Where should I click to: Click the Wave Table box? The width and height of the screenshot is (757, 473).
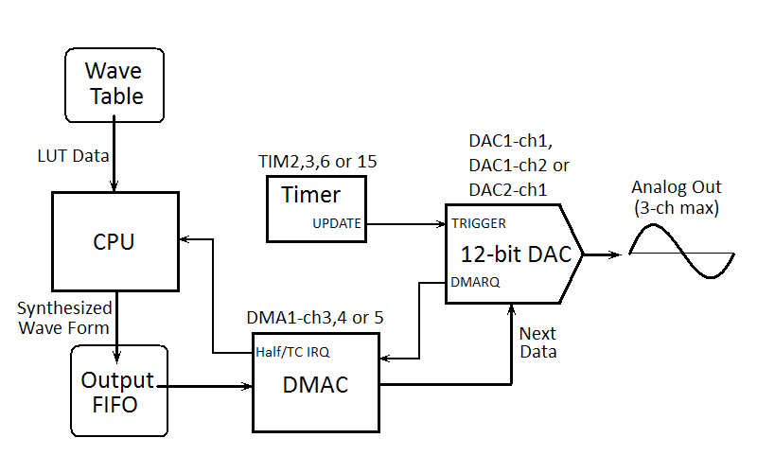(x=114, y=82)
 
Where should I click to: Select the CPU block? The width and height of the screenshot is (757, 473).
(x=114, y=241)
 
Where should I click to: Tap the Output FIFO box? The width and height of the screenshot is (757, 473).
(x=118, y=391)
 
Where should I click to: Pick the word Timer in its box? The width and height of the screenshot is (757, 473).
(x=311, y=195)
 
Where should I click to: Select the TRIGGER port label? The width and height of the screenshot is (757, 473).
(x=479, y=223)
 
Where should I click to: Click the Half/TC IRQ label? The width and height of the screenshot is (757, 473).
(x=292, y=351)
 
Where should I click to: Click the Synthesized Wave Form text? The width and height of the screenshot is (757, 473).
(x=64, y=317)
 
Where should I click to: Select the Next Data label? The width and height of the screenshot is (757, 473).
(x=538, y=342)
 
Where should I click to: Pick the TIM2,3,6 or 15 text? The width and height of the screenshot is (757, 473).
(x=318, y=162)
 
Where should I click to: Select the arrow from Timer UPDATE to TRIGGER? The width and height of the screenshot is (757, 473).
(x=407, y=224)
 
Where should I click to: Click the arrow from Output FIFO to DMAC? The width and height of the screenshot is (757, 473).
(x=209, y=386)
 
